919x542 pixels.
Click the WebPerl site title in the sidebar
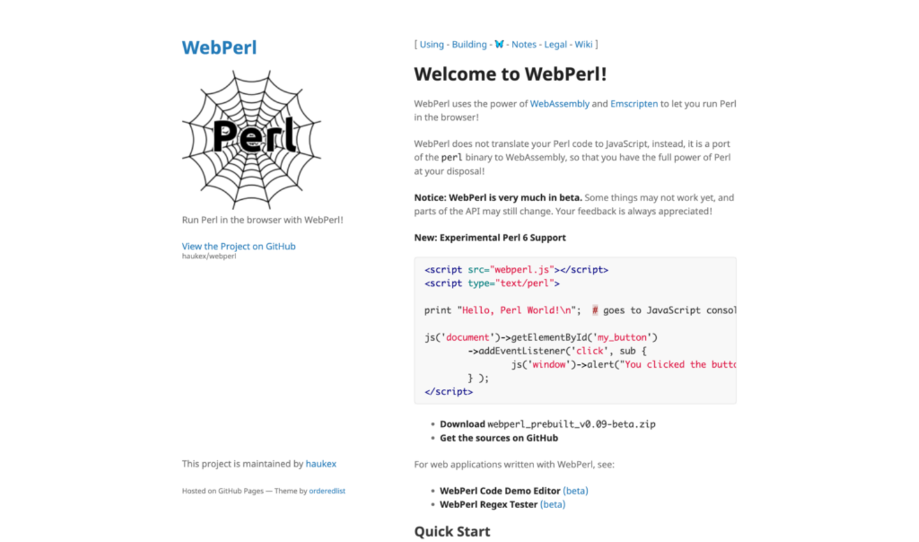pos(219,48)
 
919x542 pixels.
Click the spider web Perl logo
pos(251,139)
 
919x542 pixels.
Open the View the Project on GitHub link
pos(238,246)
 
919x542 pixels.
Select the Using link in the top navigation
pos(431,45)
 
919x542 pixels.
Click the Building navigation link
pos(469,45)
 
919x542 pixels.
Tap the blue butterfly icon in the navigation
pos(499,45)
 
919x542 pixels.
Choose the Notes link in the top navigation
pos(524,45)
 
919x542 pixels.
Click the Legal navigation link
pos(555,45)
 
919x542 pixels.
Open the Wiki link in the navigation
pos(583,45)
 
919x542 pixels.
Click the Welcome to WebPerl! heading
pos(510,74)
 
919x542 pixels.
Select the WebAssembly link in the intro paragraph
pos(560,104)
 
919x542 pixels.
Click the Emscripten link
pos(634,104)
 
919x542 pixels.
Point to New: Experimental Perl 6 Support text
pos(489,237)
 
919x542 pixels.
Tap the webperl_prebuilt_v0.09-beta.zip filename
pos(571,425)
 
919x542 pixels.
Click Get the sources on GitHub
pos(498,438)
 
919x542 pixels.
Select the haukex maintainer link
pos(320,464)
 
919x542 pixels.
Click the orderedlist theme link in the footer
pos(327,491)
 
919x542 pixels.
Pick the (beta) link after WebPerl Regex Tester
pos(553,504)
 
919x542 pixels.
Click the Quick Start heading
pos(452,532)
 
